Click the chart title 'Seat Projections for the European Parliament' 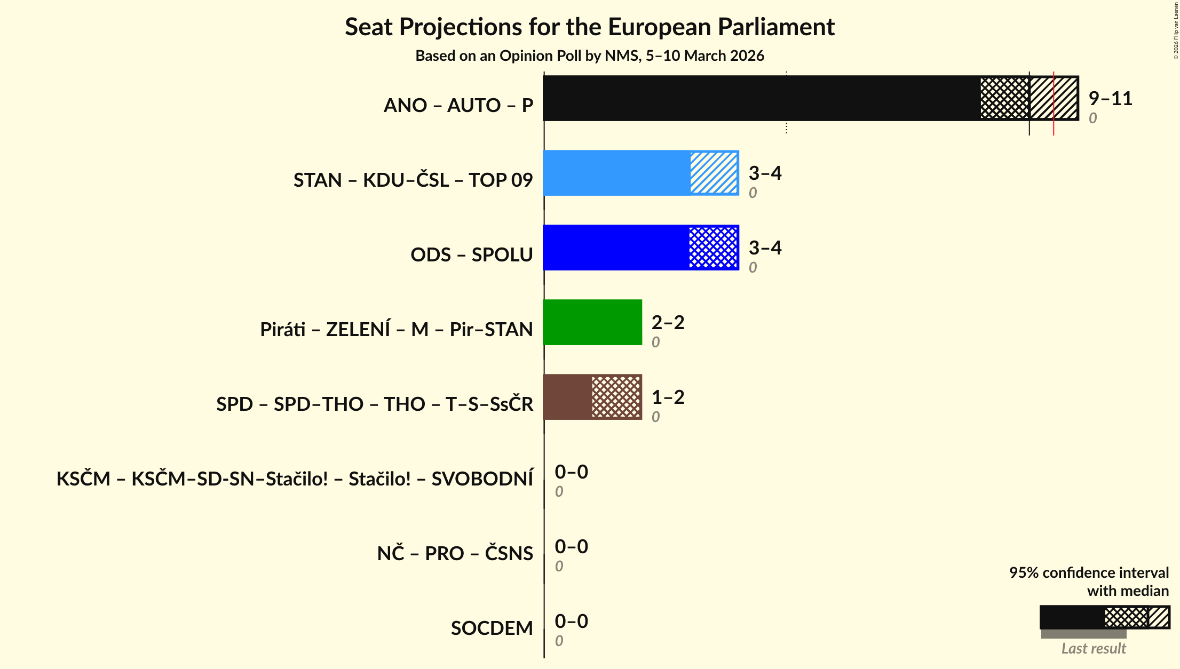coord(590,27)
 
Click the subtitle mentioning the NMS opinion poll coord(590,56)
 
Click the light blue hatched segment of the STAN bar coord(714,173)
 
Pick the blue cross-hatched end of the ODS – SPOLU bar coord(714,248)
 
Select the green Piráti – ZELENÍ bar coord(592,322)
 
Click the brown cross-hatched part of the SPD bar coord(616,397)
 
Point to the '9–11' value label coord(1110,99)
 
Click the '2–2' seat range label coord(668,322)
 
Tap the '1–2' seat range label coord(668,397)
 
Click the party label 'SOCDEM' coord(492,628)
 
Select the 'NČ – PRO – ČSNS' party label coord(455,554)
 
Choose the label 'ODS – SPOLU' coord(471,255)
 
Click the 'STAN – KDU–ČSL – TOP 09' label coord(413,180)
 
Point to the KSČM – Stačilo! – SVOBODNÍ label coord(295,479)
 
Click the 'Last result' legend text coord(1093,648)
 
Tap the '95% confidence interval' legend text coord(1089,573)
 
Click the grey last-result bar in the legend coord(1083,634)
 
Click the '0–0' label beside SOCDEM coord(571,621)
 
